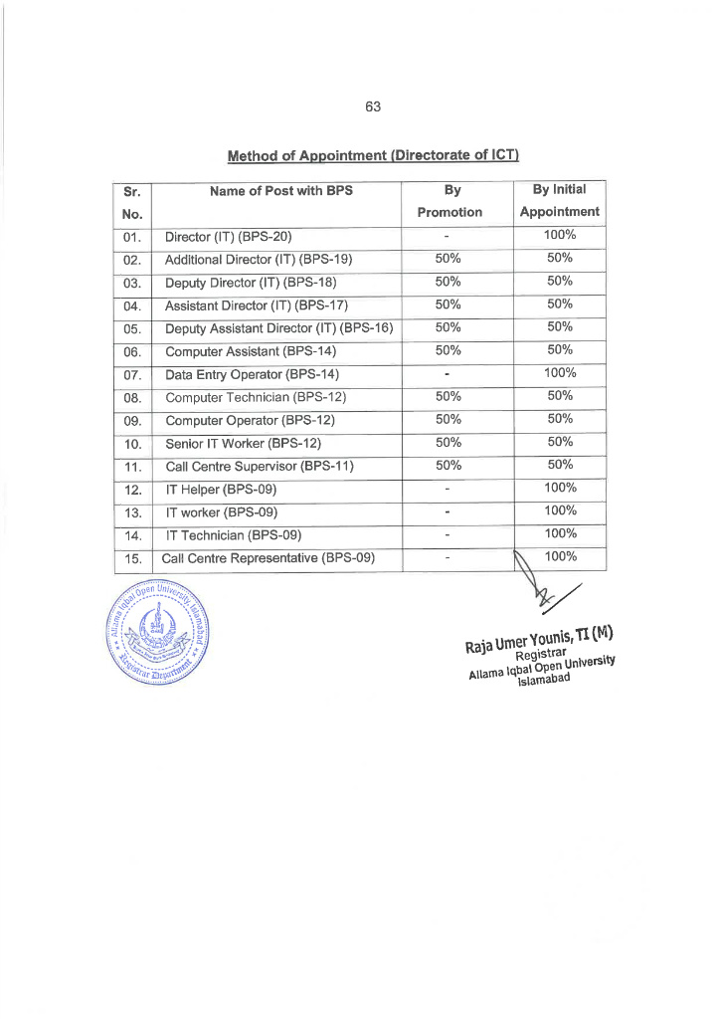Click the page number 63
(x=373, y=106)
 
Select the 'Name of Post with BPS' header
(x=281, y=190)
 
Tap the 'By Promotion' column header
(x=450, y=200)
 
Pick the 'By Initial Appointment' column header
(x=559, y=200)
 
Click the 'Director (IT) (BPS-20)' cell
(x=228, y=237)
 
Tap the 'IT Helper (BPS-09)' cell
(x=221, y=489)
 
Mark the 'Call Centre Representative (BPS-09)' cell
(x=269, y=557)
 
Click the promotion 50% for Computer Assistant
(x=449, y=350)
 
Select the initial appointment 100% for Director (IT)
(x=560, y=236)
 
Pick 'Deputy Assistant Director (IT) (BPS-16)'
(x=278, y=327)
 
